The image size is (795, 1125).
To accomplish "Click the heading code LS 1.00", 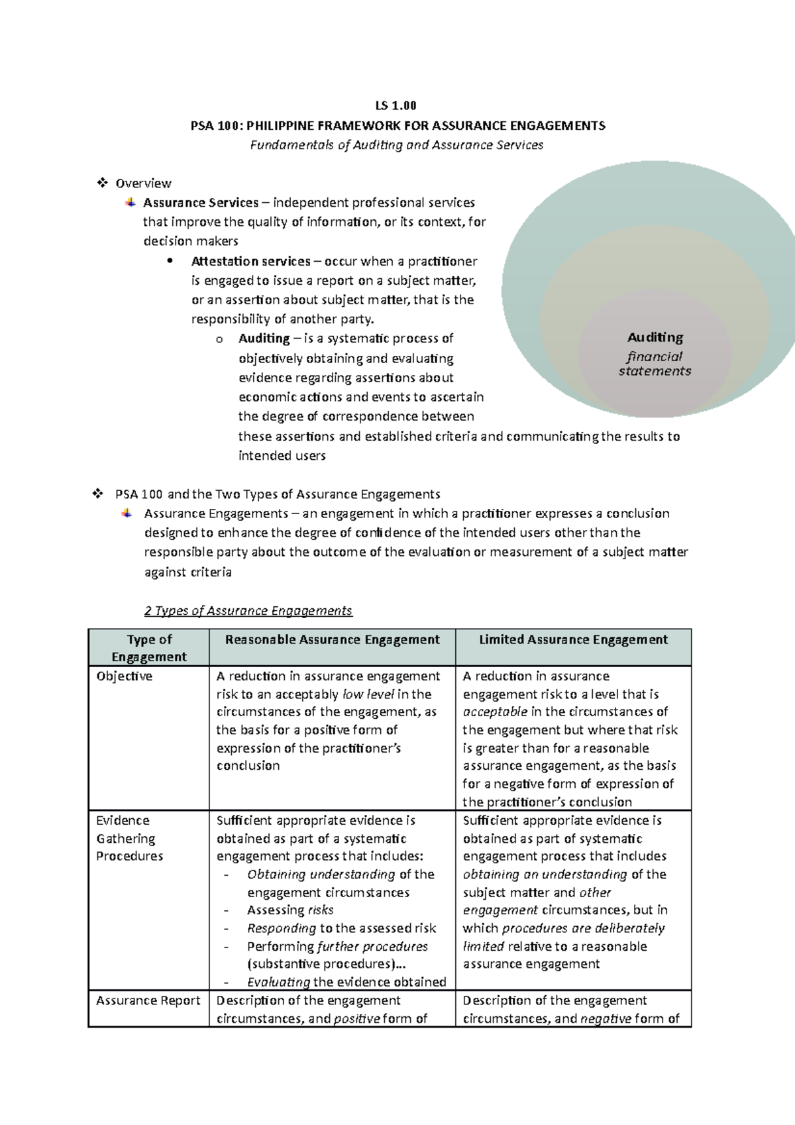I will [396, 105].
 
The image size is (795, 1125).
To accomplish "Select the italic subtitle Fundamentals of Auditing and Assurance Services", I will [396, 145].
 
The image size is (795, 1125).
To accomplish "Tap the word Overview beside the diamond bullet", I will [143, 184].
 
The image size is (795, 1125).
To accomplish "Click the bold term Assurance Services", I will [201, 203].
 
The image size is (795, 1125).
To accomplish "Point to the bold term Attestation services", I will [250, 261].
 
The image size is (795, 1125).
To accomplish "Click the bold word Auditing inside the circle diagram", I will [655, 337].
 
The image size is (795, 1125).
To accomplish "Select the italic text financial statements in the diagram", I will [655, 364].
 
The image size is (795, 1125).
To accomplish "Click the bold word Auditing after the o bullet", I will [264, 339].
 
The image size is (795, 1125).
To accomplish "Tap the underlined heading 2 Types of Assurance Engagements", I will [248, 611].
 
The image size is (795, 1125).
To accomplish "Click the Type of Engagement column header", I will [149, 648].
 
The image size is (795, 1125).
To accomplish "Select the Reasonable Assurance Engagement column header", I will [332, 640].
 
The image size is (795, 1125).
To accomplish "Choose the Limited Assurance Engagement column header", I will [573, 640].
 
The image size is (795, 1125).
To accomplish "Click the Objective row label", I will [124, 676].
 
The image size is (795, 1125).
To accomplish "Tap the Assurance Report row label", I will [148, 1000].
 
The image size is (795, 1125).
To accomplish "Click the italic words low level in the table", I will [368, 694].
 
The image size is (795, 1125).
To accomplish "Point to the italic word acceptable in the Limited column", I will [494, 712].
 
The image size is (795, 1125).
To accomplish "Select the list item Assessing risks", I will [290, 910].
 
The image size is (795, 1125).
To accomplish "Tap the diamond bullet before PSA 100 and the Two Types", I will [97, 494].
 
